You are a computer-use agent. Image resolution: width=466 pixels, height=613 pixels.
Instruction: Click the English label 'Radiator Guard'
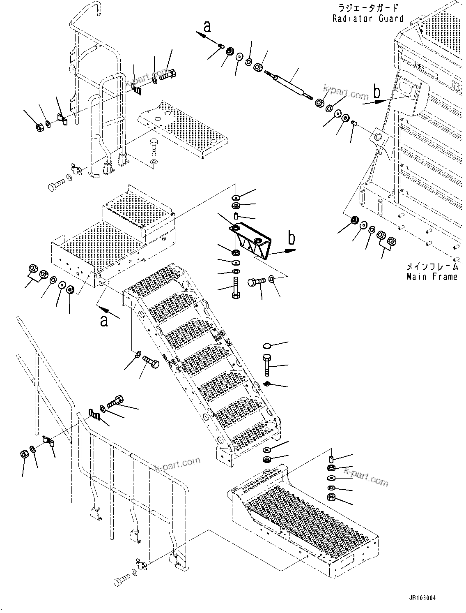[x=368, y=19]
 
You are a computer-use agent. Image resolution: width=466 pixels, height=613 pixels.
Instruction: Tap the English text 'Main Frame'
[x=432, y=277]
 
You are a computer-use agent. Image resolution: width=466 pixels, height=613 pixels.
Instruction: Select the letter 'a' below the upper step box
[x=104, y=320]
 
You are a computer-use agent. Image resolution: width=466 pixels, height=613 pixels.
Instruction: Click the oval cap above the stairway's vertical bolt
[x=266, y=345]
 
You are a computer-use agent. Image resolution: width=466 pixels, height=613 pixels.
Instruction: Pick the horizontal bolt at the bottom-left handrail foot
[x=122, y=581]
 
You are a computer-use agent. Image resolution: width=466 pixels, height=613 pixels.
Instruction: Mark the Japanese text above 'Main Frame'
[x=432, y=266]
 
